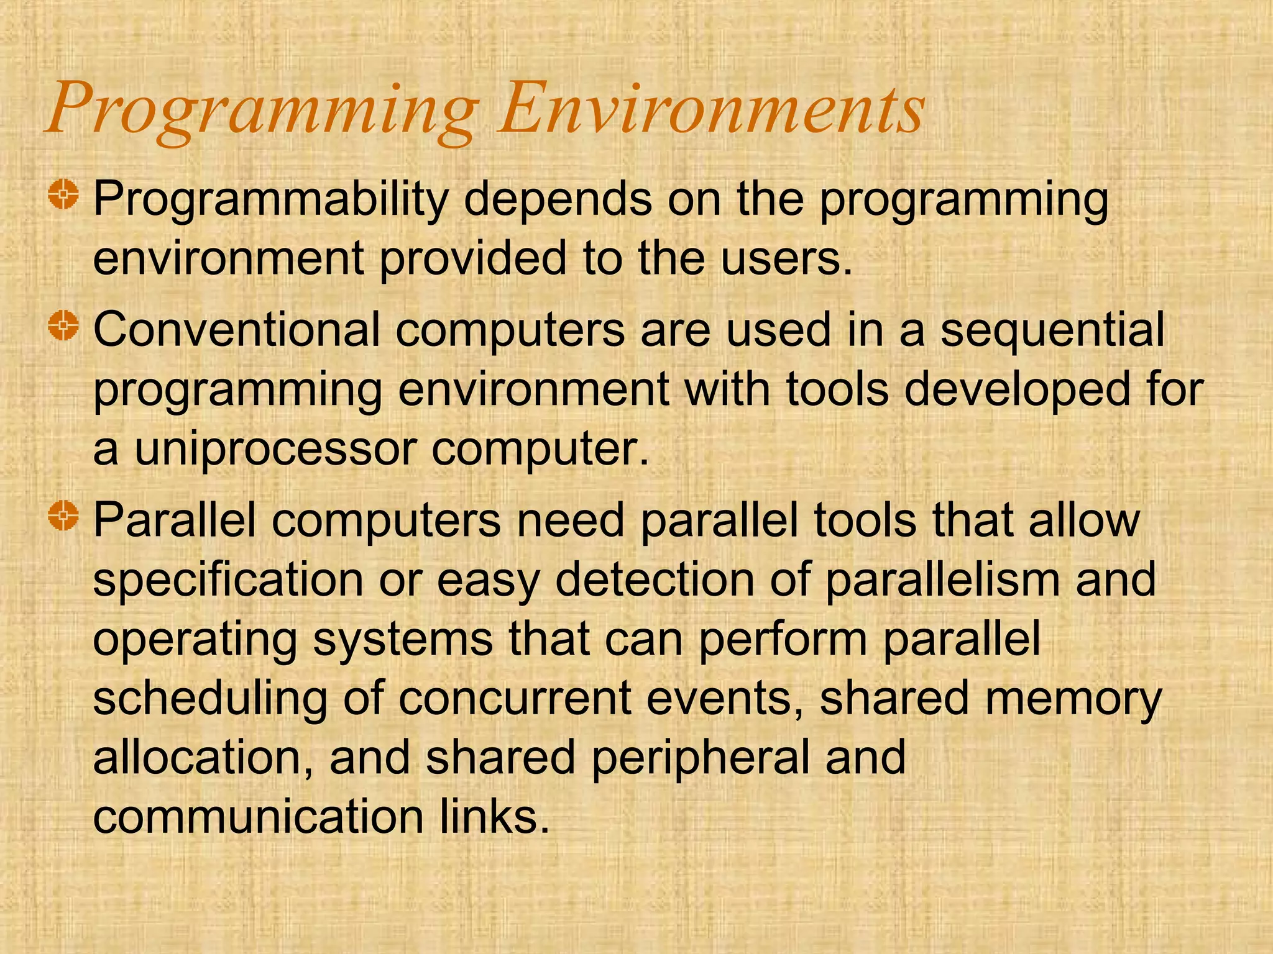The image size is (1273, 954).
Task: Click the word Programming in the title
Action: point(261,112)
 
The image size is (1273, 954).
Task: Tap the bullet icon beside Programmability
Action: point(63,195)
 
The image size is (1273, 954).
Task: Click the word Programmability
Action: point(270,200)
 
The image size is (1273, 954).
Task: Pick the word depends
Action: point(558,200)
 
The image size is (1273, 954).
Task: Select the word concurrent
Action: point(515,698)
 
